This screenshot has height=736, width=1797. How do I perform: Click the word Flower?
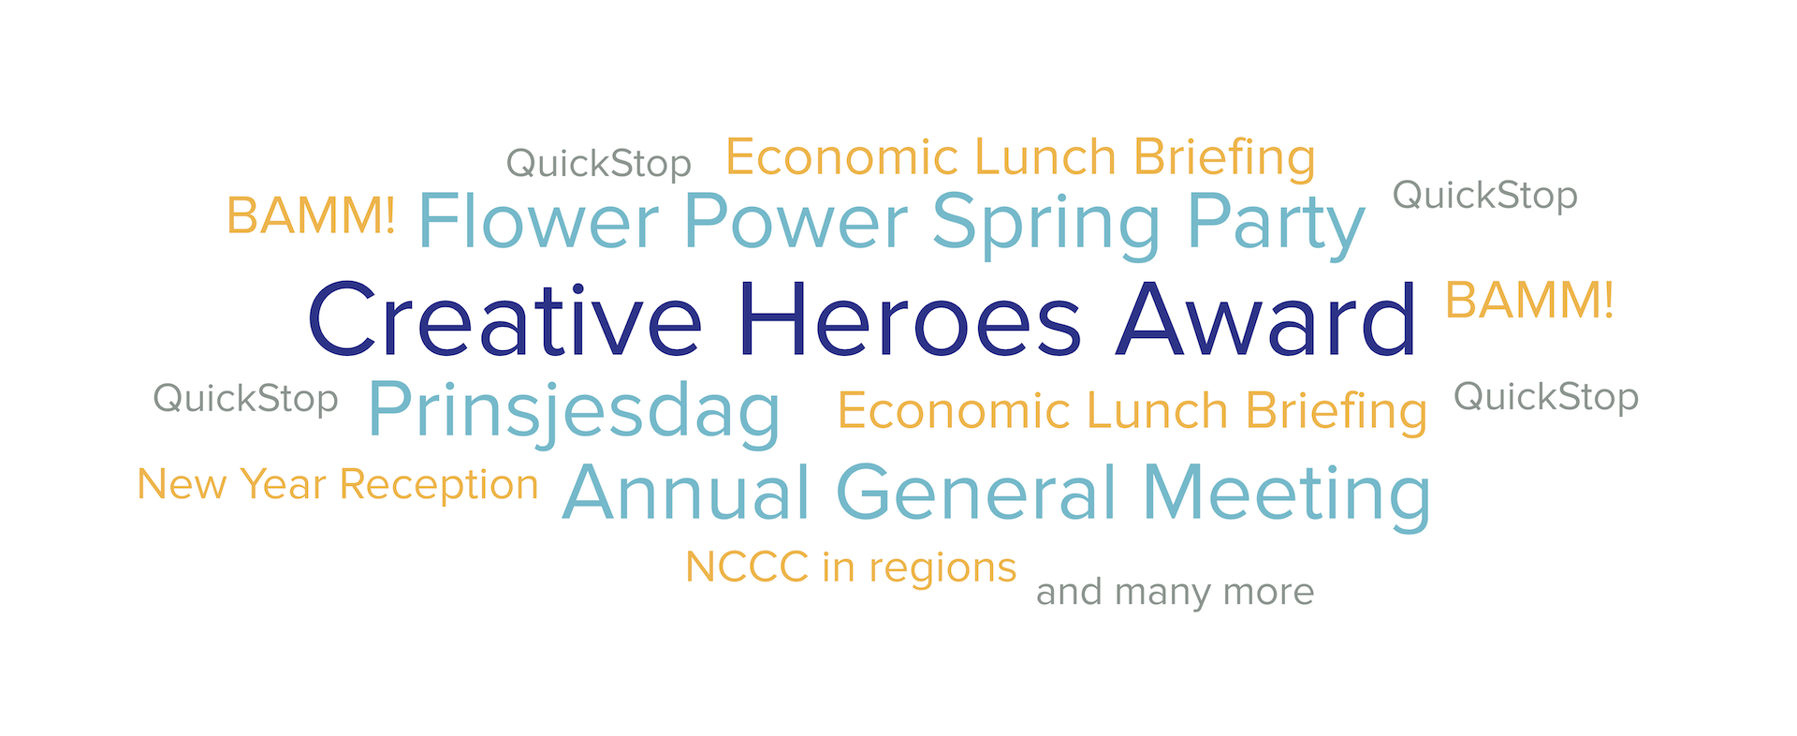tap(539, 222)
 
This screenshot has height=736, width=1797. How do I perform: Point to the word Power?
tap(796, 222)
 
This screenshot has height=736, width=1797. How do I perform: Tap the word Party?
tap(1277, 225)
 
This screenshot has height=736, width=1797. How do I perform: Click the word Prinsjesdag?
tap(575, 412)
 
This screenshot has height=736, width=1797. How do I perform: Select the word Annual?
tap(686, 493)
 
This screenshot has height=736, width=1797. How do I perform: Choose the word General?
tap(977, 493)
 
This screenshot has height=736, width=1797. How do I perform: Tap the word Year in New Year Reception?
tap(283, 484)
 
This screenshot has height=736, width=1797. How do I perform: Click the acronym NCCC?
tap(747, 567)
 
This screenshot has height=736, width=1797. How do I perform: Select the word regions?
tap(942, 569)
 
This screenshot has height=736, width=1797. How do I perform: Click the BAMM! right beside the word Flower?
tap(311, 215)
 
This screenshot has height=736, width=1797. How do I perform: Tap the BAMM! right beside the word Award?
tap(1529, 300)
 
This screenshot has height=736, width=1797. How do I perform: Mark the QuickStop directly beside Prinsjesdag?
tap(245, 399)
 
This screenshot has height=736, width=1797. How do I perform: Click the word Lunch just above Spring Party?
tap(1045, 156)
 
